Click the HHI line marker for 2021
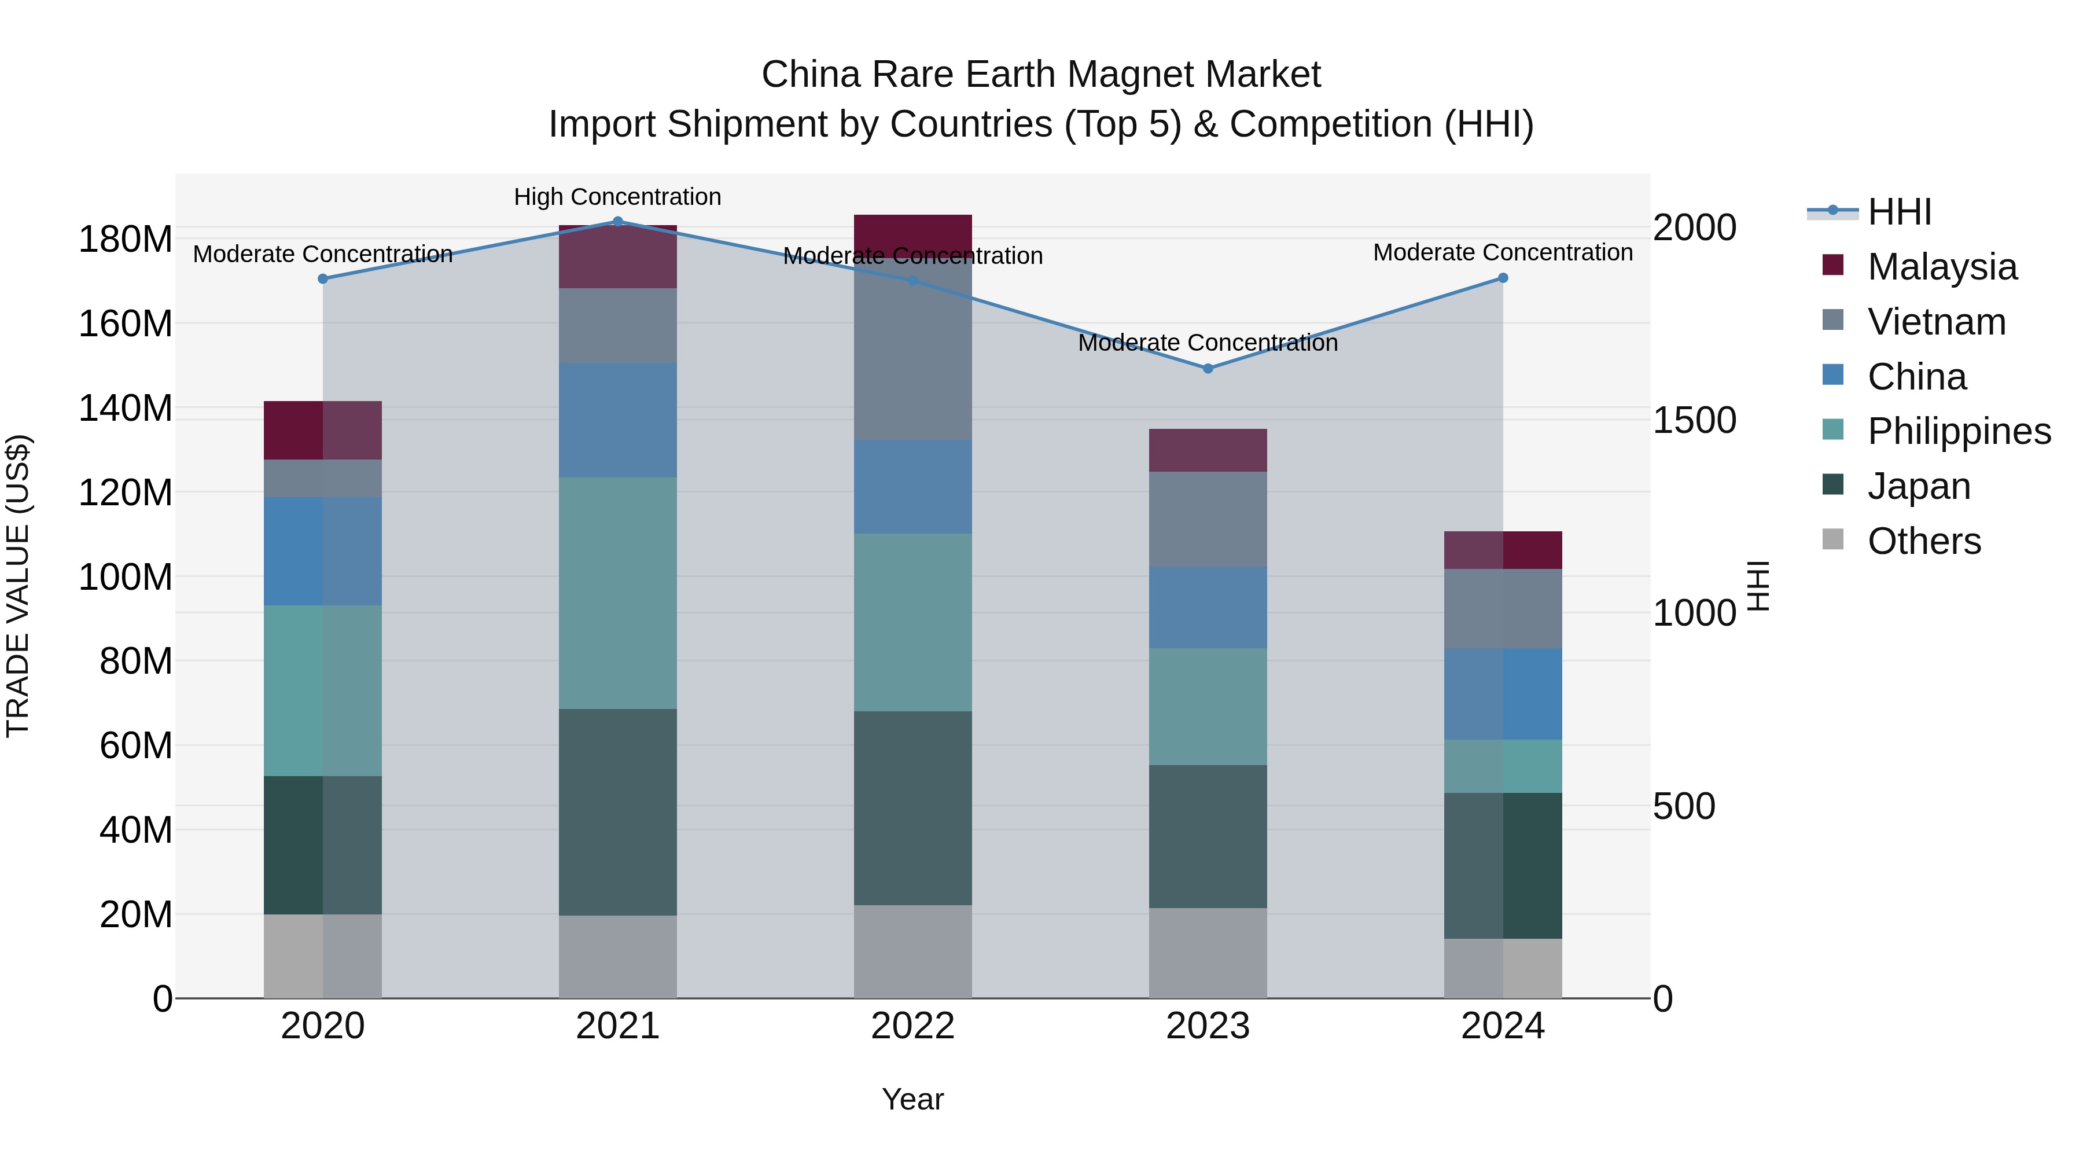click(x=618, y=221)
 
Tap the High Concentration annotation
click(x=618, y=197)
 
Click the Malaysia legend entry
click(x=1941, y=267)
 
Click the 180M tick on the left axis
click(x=126, y=240)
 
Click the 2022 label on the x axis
click(x=913, y=1026)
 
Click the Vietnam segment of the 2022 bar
click(x=913, y=348)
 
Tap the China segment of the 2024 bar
click(x=1503, y=693)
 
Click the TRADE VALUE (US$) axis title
click(x=18, y=586)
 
